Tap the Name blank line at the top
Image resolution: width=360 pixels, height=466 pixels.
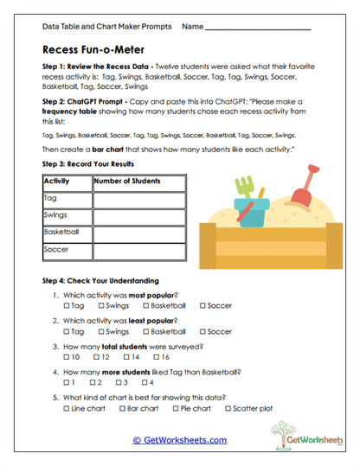tap(260, 28)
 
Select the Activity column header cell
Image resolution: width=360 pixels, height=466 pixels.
tap(67, 182)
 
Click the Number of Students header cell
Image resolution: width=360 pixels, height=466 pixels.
tap(137, 182)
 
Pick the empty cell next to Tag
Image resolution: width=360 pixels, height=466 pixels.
tap(137, 200)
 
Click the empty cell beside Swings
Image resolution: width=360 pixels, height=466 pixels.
tap(137, 216)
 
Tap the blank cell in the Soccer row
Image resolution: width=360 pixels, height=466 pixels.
tap(137, 252)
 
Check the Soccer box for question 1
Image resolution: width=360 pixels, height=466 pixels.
tap(203, 306)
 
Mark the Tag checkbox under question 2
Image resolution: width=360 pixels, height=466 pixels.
tap(67, 332)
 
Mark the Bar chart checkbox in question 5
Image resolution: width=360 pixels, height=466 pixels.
tap(120, 409)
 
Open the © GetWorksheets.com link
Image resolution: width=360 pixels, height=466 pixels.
tap(179, 440)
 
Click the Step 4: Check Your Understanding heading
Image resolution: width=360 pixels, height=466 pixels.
tap(100, 281)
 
